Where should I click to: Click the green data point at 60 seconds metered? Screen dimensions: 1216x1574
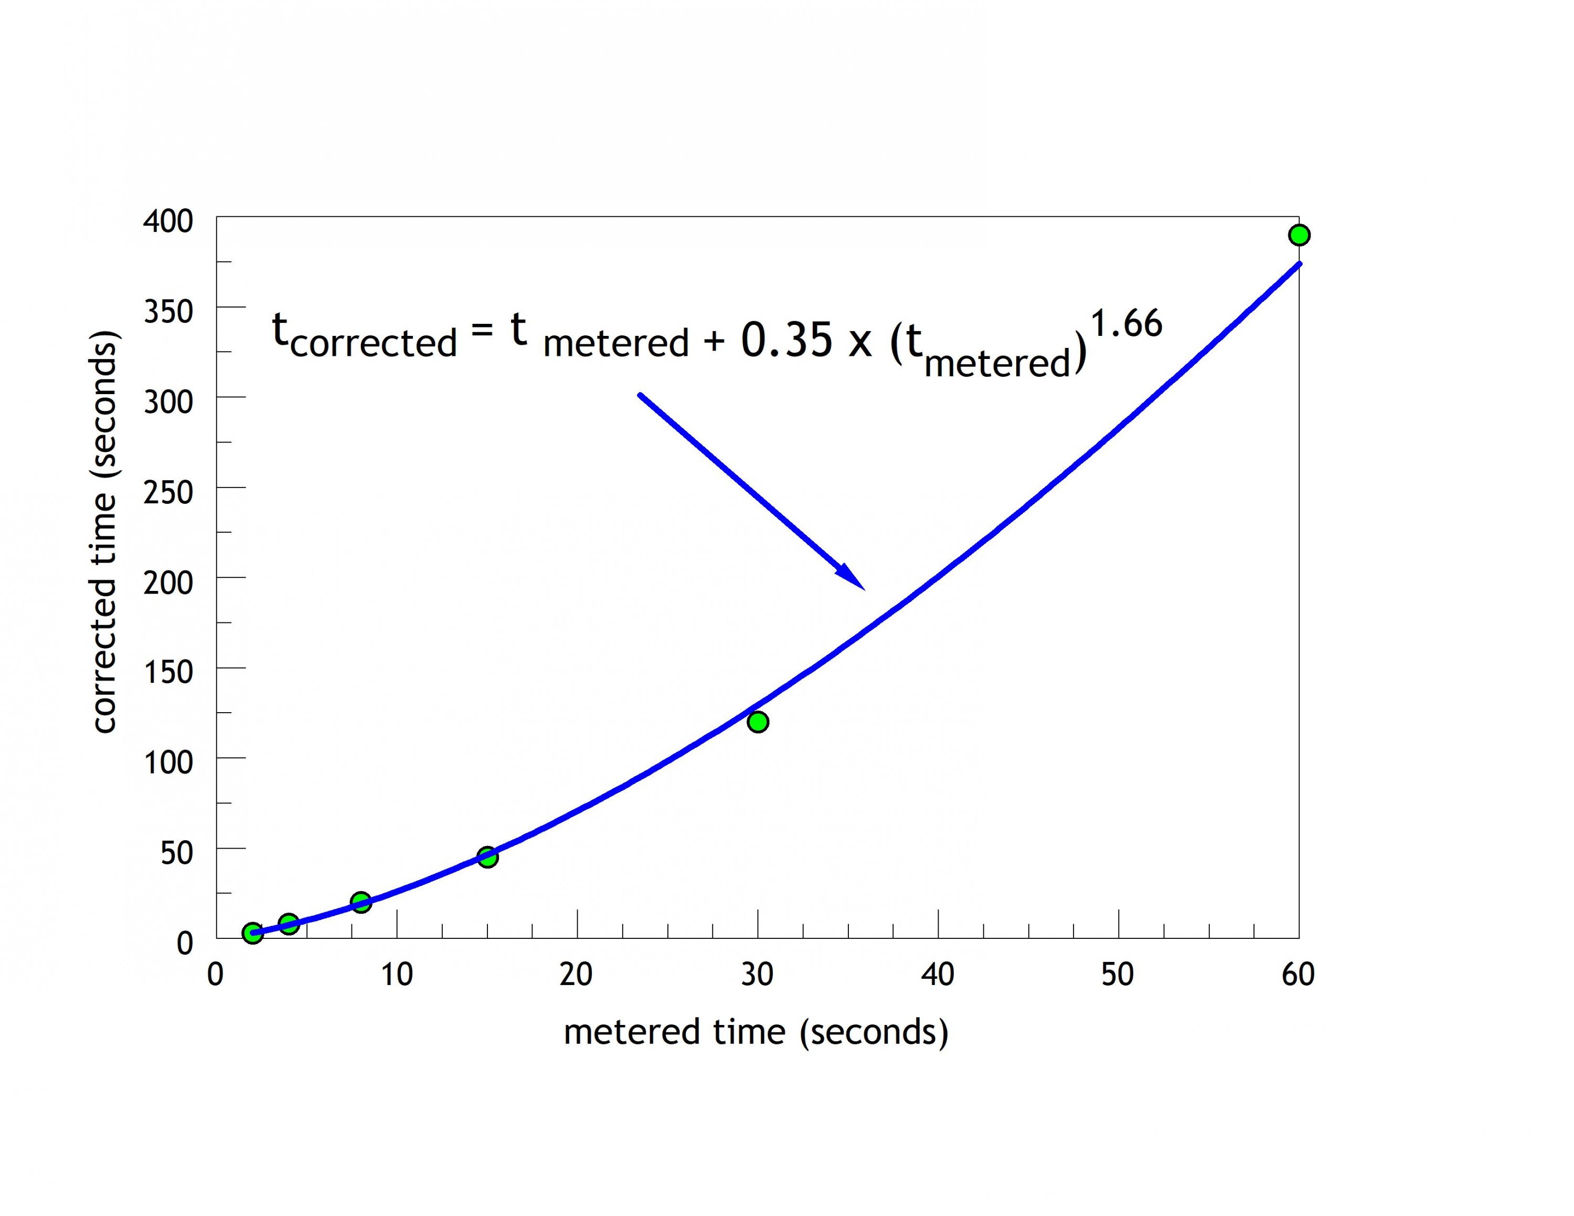tap(1299, 235)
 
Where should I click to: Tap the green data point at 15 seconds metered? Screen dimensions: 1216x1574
tap(487, 857)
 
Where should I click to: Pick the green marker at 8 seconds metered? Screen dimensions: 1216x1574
tap(361, 902)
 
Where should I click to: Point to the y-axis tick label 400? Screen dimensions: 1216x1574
tap(168, 221)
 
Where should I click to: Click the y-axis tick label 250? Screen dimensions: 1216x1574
tap(168, 492)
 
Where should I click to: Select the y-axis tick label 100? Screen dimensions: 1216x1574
tap(168, 763)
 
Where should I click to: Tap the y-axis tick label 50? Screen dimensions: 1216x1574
tap(177, 853)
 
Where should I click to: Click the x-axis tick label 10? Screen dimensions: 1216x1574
tap(396, 975)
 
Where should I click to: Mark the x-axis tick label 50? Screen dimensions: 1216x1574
tap(1118, 975)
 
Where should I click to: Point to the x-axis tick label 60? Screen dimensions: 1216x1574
tap(1298, 975)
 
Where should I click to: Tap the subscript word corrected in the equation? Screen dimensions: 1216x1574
tap(374, 343)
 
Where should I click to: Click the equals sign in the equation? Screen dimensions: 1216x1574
tap(482, 330)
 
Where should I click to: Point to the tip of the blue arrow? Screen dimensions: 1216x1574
tap(864, 589)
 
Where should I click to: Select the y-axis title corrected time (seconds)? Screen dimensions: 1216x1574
tap(104, 532)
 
